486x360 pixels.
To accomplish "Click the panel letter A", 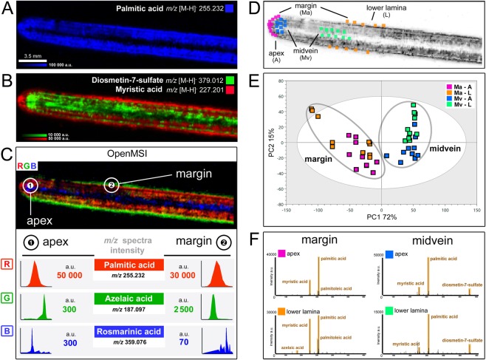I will [x=7, y=9].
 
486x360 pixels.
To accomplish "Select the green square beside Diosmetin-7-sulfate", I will [x=232, y=78].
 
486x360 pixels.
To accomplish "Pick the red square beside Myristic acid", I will [x=232, y=92].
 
